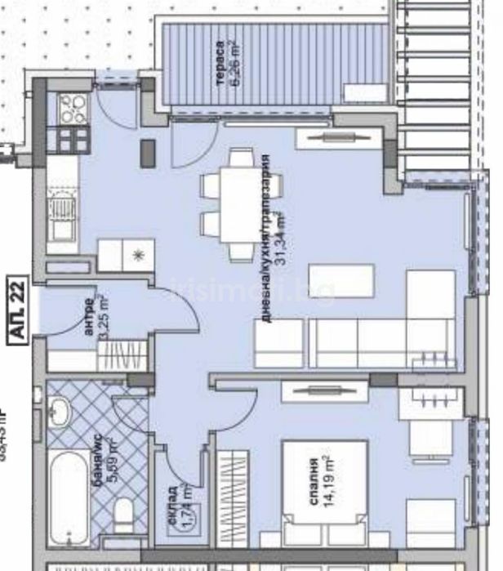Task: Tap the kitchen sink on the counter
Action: point(60,213)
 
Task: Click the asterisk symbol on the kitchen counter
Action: point(138,255)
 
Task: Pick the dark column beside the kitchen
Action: point(148,153)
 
